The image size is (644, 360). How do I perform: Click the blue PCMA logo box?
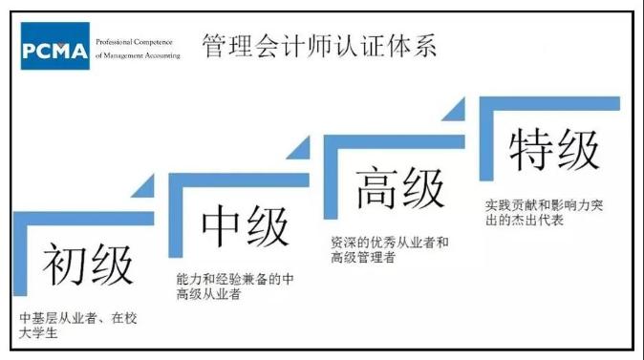point(54,46)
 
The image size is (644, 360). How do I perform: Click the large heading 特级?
point(553,149)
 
